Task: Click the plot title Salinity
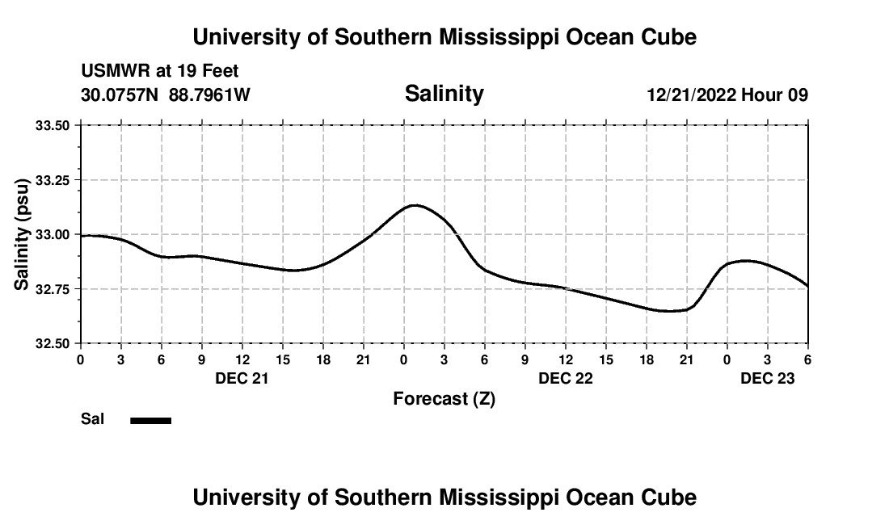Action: point(444,94)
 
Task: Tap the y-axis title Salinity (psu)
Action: point(23,235)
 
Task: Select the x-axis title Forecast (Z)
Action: point(444,398)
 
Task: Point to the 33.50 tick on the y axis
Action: point(53,125)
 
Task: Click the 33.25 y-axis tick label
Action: point(53,180)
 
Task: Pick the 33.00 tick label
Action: point(53,234)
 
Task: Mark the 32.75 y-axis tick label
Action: point(53,289)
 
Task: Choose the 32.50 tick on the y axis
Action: point(53,343)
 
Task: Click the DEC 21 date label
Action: point(242,378)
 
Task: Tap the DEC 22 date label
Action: point(566,378)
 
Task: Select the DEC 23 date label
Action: point(768,378)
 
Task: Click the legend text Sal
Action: point(93,419)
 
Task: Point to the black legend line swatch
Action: point(150,420)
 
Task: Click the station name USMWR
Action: point(116,72)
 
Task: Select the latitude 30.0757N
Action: point(120,94)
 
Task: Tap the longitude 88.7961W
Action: point(209,94)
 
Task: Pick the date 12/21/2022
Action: point(691,94)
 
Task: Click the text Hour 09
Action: point(775,94)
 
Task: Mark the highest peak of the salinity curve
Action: point(414,205)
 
